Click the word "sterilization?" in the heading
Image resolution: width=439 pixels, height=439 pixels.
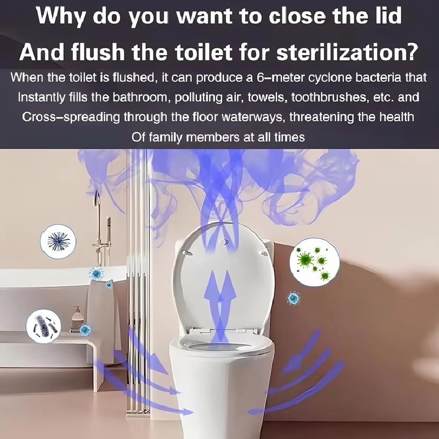click(x=344, y=52)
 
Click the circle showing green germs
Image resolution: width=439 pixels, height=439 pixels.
click(x=314, y=262)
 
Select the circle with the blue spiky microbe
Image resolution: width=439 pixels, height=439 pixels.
click(x=58, y=241)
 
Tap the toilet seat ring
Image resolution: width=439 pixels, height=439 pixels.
click(x=222, y=347)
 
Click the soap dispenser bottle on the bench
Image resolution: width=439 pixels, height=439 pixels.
click(x=77, y=318)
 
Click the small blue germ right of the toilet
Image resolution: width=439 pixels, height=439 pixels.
click(x=294, y=299)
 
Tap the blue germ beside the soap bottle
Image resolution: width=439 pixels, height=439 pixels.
click(x=86, y=329)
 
